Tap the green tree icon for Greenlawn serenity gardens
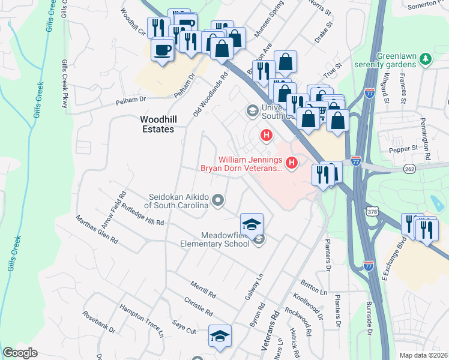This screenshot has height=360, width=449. tap(426, 58)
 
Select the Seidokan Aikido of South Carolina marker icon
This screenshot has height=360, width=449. tap(218, 200)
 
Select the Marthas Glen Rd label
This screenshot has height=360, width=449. tap(97, 229)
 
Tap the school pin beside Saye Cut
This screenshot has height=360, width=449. tap(220, 336)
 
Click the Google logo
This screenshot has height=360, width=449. tap(20, 353)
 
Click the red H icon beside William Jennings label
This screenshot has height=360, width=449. tap(292, 162)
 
